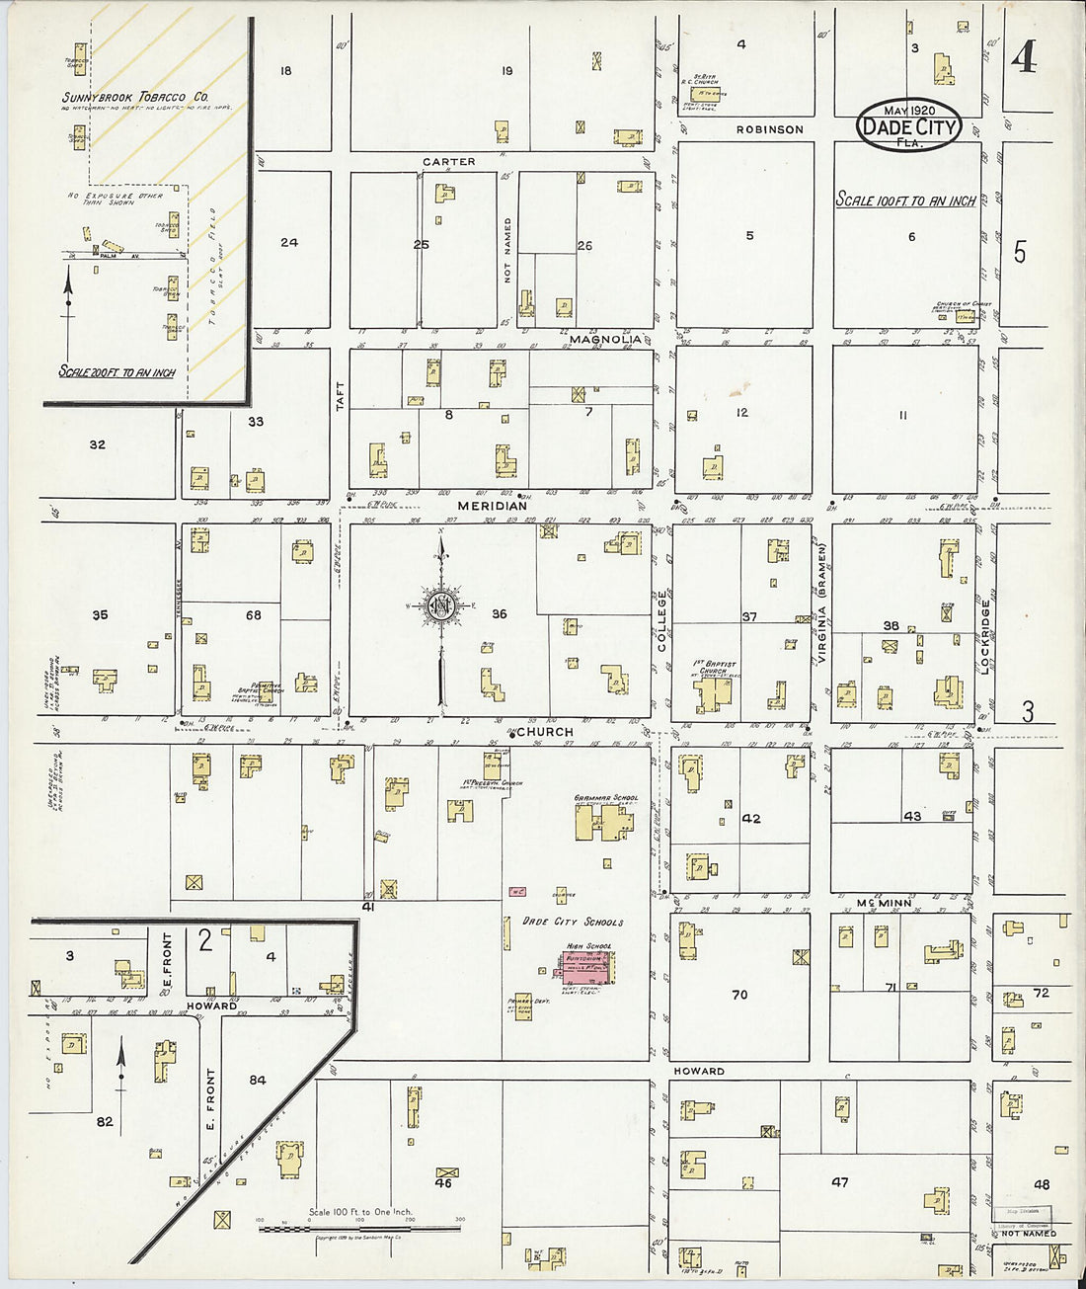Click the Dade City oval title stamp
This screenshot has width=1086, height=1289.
click(x=908, y=125)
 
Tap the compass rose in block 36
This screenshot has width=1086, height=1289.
click(x=441, y=605)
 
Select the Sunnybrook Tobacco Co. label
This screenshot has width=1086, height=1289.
click(x=135, y=98)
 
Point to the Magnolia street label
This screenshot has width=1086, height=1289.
click(x=605, y=339)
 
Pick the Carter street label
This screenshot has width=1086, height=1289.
click(x=449, y=161)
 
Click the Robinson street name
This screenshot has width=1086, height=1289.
click(x=769, y=129)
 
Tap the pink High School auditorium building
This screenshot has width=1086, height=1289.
click(x=588, y=965)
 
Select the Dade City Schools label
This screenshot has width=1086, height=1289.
click(x=573, y=922)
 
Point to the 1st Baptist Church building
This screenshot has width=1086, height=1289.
click(x=718, y=690)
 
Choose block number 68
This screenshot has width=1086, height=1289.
click(x=254, y=615)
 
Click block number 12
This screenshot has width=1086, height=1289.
click(x=741, y=413)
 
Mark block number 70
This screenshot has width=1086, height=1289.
click(x=739, y=995)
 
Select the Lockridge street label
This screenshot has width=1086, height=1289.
click(x=984, y=637)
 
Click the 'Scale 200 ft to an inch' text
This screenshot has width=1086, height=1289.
click(x=116, y=372)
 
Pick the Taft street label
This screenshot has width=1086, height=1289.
click(x=340, y=396)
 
